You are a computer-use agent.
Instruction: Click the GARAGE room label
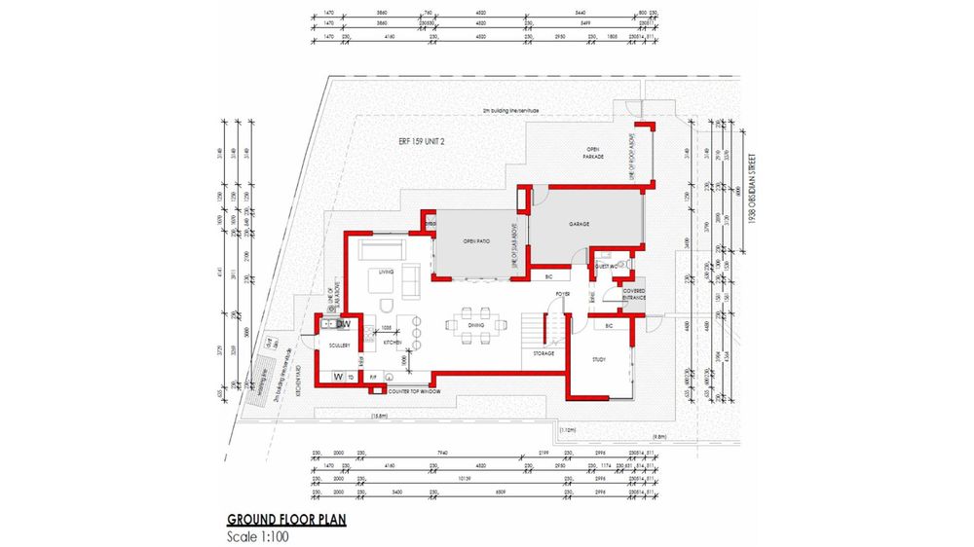[581, 224]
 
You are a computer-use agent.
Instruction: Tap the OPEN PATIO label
[475, 241]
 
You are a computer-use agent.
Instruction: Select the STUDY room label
[599, 359]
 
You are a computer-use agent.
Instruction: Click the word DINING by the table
[476, 326]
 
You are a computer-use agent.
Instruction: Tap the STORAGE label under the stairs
[543, 353]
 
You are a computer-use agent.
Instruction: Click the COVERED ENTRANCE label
[621, 293]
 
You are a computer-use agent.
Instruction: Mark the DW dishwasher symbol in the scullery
[343, 324]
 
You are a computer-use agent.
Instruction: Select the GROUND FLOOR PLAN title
[286, 520]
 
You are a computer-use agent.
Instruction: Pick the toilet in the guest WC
[629, 264]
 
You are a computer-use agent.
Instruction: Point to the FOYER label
[563, 293]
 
